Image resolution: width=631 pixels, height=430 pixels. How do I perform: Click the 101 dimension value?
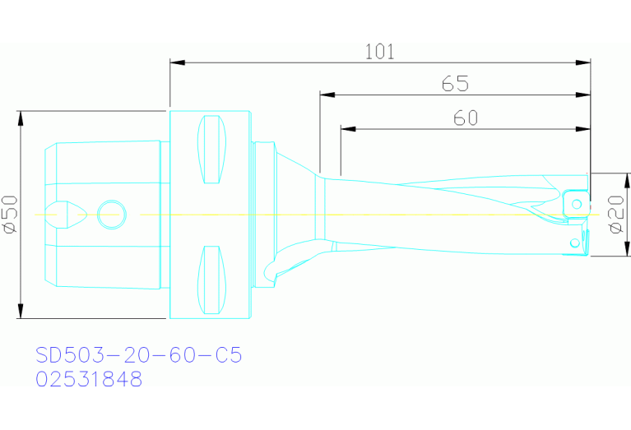point(380,52)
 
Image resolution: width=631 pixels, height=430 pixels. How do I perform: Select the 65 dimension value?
point(455,84)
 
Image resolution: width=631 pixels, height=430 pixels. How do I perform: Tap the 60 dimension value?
point(465,118)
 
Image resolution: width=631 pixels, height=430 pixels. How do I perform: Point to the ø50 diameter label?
point(10,215)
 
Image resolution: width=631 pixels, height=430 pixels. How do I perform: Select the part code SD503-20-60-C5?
point(138,356)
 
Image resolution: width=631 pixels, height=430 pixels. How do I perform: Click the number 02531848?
point(89,379)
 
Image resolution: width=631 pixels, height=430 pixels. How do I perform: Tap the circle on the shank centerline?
point(112,215)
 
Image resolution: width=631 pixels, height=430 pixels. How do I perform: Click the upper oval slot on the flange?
point(212,150)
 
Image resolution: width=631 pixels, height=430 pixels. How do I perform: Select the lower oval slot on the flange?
point(212,279)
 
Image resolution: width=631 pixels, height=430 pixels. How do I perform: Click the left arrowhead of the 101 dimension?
point(175,62)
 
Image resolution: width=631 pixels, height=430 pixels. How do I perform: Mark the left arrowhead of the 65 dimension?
point(326,95)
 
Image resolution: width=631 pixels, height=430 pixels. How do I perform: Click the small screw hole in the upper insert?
point(578,203)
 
